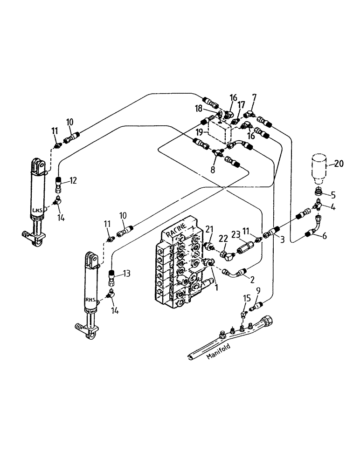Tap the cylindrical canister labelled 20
[x=319, y=169]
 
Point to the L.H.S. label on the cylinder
[x=37, y=210]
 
